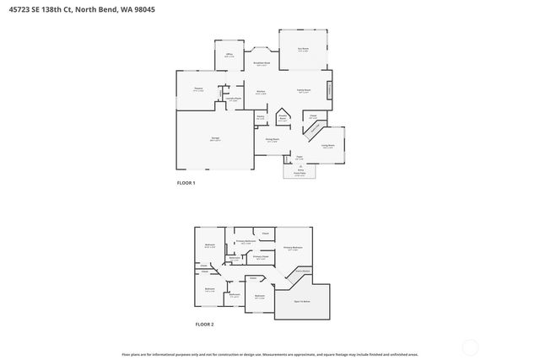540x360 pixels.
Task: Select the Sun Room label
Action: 303,50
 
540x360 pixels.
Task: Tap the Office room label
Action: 229,56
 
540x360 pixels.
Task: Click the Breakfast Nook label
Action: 262,63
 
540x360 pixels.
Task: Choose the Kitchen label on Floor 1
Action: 262,93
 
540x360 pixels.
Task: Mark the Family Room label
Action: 304,90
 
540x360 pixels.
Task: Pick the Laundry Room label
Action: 233,99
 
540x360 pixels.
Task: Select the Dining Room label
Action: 273,140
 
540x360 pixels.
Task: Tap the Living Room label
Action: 327,146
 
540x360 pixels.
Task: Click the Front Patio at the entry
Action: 300,171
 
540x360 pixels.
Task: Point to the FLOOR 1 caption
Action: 186,183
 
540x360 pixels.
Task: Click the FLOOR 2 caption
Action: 205,325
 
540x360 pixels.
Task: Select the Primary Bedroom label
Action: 293,248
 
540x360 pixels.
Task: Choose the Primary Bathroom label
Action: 246,242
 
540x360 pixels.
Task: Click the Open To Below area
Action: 302,301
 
